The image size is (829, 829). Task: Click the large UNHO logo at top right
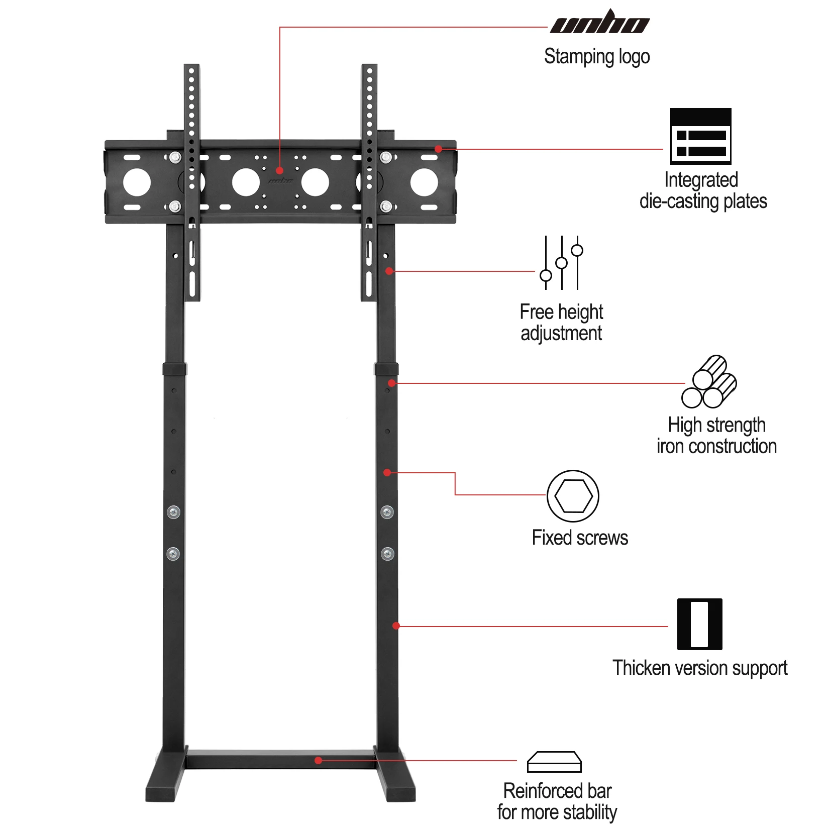click(x=600, y=23)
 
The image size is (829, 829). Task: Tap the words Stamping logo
click(x=597, y=57)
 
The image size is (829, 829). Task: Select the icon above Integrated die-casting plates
click(x=700, y=136)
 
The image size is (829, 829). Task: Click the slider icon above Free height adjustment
click(x=562, y=262)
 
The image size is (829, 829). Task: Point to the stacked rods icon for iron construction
click(x=709, y=382)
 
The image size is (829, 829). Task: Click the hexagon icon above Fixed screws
click(x=573, y=496)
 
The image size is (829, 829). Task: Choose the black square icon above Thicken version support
click(x=699, y=624)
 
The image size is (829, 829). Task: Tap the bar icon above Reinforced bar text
click(x=554, y=762)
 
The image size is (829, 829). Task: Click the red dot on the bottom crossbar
click(x=318, y=761)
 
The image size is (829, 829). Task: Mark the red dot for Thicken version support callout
click(x=396, y=626)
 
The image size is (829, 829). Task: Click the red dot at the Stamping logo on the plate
click(x=280, y=171)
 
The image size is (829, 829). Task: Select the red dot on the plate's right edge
click(x=439, y=149)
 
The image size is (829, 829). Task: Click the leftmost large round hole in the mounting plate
click(x=137, y=182)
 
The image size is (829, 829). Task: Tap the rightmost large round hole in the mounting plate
click(x=424, y=182)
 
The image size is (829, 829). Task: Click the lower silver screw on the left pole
click(x=173, y=554)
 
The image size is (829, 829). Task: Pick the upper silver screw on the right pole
click(x=387, y=512)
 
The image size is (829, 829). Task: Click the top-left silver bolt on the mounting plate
click(x=175, y=158)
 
